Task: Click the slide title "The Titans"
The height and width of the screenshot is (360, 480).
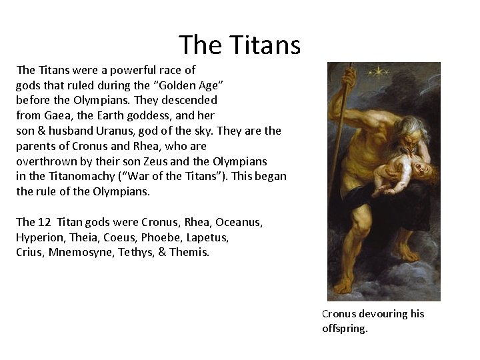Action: [240, 45]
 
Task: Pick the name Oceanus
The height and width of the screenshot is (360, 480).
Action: [238, 222]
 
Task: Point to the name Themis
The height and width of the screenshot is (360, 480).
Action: [191, 253]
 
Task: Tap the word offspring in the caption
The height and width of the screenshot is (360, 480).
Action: [344, 328]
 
